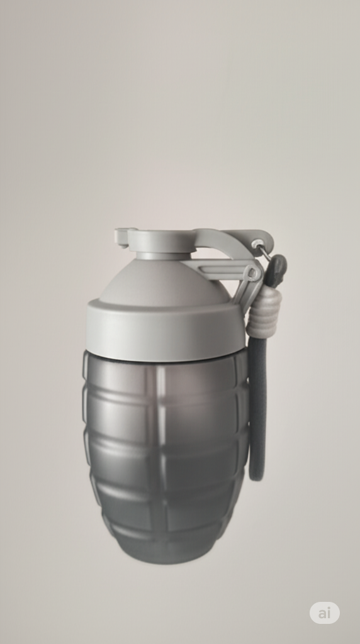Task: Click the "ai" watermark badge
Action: (x=324, y=613)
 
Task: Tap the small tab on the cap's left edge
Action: (x=121, y=236)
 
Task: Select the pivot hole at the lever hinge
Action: (x=252, y=274)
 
